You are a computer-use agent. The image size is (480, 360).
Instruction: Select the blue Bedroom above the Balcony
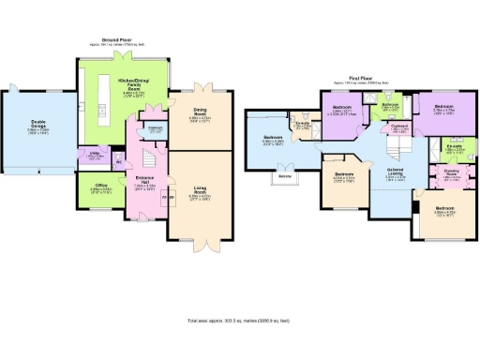pyautogui.click(x=271, y=141)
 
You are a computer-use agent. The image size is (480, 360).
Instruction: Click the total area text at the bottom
pyautogui.click(x=240, y=322)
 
